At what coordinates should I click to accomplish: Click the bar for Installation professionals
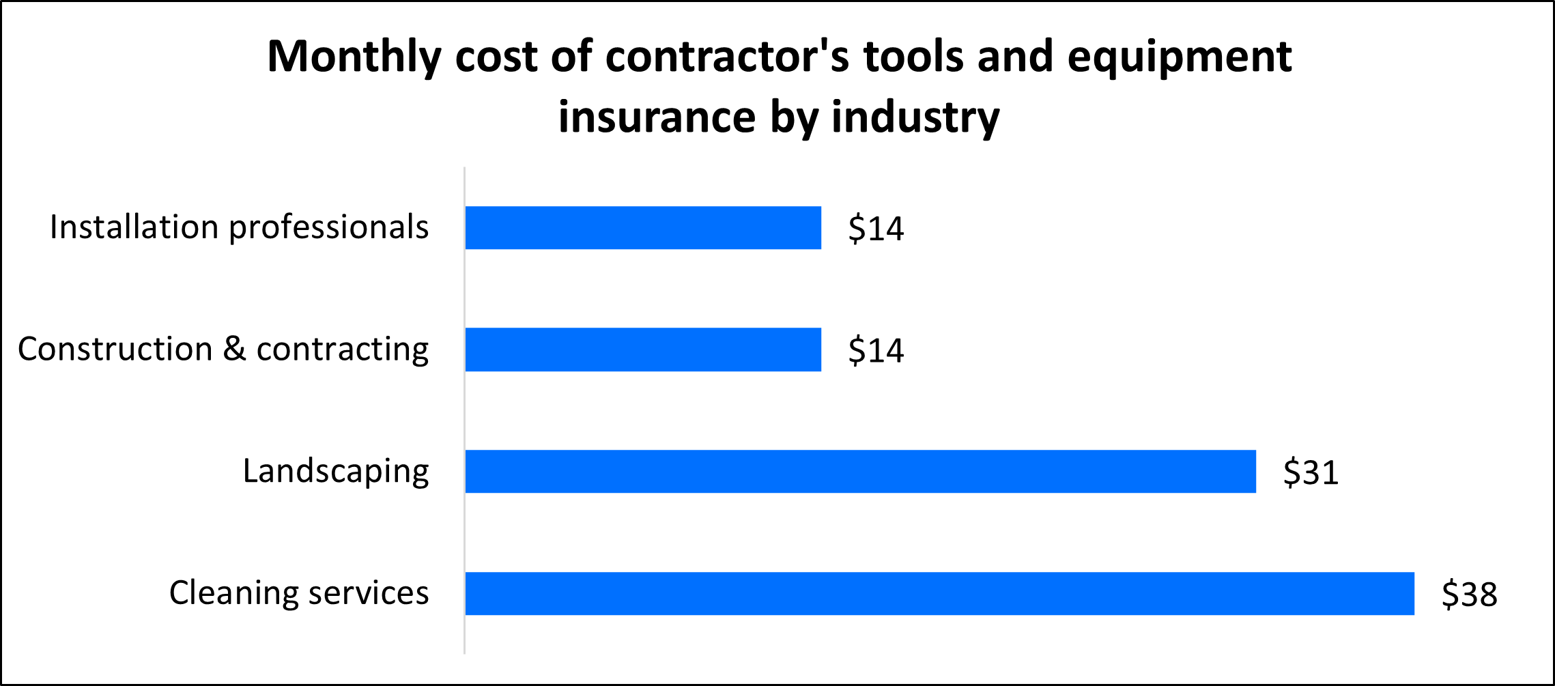(643, 228)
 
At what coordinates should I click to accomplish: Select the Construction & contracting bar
(643, 349)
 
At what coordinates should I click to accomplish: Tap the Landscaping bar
(860, 471)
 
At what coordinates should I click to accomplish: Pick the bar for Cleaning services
(939, 593)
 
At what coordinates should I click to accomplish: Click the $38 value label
(1469, 594)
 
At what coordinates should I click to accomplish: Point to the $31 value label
(1311, 472)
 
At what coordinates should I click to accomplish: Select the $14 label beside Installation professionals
(876, 229)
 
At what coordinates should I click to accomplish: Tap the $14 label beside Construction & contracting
(876, 350)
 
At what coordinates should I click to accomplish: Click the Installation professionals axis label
(239, 228)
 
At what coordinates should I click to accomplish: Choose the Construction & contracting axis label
(223, 349)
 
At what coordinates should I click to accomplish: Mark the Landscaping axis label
(336, 471)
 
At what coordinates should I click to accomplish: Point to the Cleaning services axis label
(299, 592)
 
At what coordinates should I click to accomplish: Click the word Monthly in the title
(354, 57)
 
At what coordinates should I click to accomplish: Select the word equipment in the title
(1180, 57)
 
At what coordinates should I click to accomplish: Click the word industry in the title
(915, 117)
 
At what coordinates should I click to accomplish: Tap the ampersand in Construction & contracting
(234, 349)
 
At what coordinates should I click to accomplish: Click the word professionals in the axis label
(328, 228)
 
